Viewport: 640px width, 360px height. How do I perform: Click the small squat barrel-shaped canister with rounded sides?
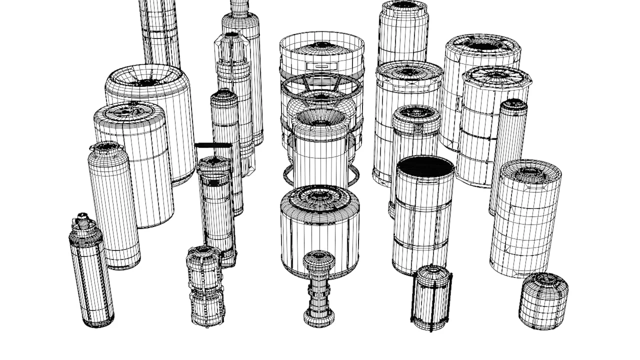coord(543,301)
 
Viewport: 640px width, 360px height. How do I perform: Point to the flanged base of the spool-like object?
coord(319,318)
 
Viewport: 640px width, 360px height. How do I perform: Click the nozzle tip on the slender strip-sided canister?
coord(83,218)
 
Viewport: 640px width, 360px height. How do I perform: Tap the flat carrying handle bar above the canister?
coord(213,145)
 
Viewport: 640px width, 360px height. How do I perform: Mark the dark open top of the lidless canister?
coord(425,166)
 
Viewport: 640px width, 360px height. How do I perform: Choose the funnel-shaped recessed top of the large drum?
coord(147,78)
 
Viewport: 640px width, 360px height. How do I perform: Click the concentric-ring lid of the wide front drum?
coord(320,197)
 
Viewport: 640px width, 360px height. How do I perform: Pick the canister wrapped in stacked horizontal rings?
coord(525,220)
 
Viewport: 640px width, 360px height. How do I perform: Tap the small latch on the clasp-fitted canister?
coord(417,128)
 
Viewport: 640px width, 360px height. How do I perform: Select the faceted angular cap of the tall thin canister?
coord(232,45)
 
